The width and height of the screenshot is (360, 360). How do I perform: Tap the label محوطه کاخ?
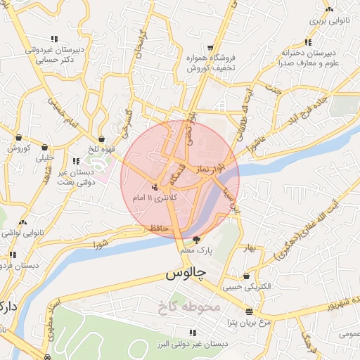pos(190,306)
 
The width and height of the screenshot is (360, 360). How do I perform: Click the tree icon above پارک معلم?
pos(205,240)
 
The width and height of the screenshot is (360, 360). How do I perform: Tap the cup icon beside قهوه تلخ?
pos(103,139)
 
